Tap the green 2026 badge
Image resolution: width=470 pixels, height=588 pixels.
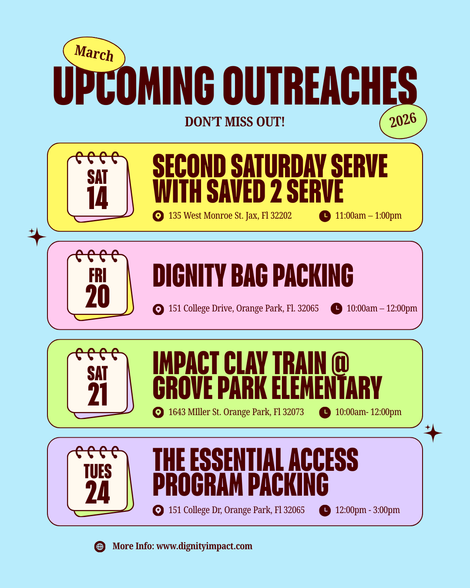tap(403, 121)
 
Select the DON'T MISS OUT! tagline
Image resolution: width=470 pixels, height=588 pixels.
tap(235, 122)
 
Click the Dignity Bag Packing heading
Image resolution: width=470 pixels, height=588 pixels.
tap(253, 276)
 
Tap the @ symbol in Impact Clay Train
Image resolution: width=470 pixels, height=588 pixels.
tap(340, 363)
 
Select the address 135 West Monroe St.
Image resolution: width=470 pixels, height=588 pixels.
tap(230, 216)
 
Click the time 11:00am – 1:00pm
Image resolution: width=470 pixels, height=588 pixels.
tap(368, 216)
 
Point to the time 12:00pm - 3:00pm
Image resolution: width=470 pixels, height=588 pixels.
tap(367, 510)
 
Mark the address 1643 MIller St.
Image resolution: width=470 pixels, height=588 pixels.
tap(236, 412)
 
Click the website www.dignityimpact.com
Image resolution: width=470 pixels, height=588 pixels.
tap(204, 546)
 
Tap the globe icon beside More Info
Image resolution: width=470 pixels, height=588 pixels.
tap(100, 547)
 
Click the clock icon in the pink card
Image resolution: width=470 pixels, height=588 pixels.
tap(336, 308)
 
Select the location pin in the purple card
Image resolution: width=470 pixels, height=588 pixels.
tap(158, 510)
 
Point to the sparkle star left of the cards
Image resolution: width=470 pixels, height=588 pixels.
tap(37, 237)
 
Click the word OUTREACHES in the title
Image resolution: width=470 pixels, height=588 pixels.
tap(320, 86)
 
